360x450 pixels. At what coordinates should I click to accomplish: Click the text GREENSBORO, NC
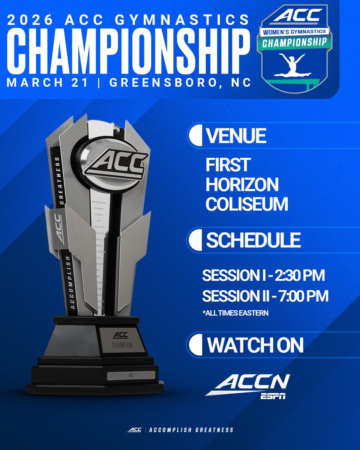[180, 82]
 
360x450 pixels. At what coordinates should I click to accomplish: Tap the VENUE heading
[236, 136]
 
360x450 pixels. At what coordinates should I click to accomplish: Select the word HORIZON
[242, 184]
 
